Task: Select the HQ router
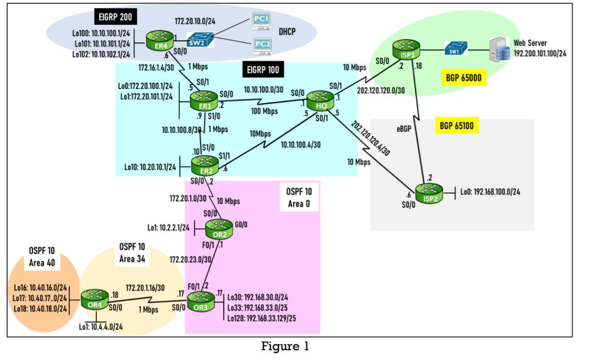click(x=317, y=101)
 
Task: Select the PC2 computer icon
click(x=262, y=45)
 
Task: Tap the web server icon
click(x=502, y=51)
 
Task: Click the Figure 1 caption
click(x=285, y=347)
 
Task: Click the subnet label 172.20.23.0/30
click(x=190, y=258)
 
